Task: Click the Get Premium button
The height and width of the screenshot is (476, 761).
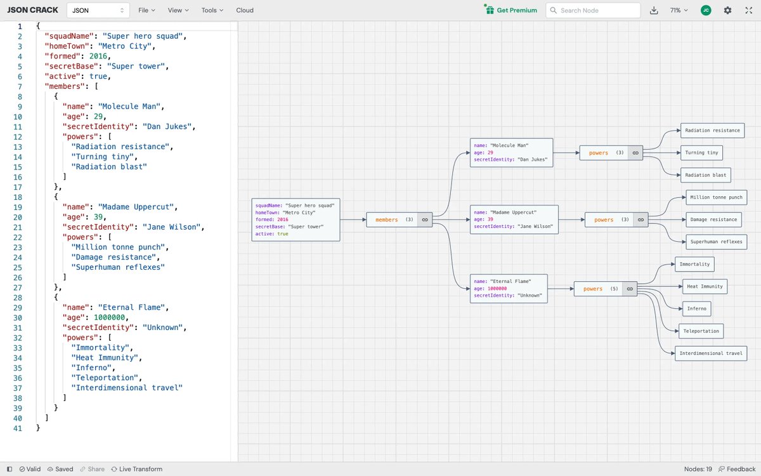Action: (511, 10)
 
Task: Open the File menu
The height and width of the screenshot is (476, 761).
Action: (146, 10)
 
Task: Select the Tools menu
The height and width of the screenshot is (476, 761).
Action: (212, 10)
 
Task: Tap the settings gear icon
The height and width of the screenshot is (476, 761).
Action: (727, 10)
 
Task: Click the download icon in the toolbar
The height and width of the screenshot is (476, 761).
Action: (654, 10)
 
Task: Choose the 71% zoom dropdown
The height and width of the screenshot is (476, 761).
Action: (679, 10)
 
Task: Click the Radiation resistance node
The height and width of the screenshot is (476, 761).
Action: (712, 130)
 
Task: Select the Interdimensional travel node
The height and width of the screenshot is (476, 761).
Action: (710, 354)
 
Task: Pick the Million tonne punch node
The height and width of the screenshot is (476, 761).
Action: (716, 197)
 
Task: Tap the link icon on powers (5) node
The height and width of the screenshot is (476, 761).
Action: (630, 289)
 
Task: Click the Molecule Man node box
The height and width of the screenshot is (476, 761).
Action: (511, 152)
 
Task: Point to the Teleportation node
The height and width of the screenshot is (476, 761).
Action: (700, 331)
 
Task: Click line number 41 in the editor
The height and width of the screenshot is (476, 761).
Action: (18, 428)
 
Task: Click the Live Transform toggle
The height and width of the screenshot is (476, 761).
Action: (136, 469)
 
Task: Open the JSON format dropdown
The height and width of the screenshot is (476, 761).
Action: (98, 10)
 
